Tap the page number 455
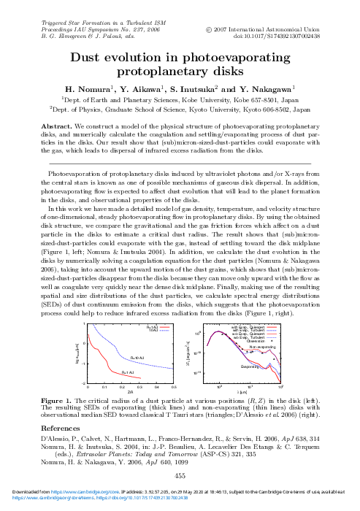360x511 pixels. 180,475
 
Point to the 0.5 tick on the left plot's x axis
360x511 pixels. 173,387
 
